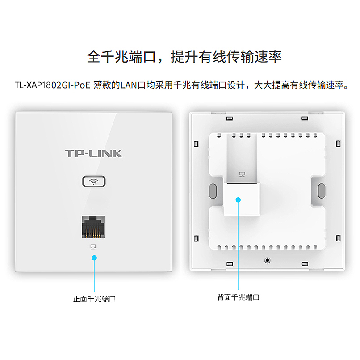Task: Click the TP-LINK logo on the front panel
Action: point(94,153)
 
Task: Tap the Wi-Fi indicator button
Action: point(94,182)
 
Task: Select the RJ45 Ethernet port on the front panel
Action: point(93,226)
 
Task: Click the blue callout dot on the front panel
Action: point(94,258)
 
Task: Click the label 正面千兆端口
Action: point(94,299)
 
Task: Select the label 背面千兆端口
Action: point(238,297)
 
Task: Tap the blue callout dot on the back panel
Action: point(239,199)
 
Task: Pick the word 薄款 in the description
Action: point(101,85)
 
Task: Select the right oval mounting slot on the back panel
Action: point(321,191)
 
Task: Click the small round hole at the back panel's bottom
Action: point(267,260)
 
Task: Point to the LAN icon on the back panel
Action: point(242,174)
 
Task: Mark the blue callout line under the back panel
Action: point(239,246)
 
